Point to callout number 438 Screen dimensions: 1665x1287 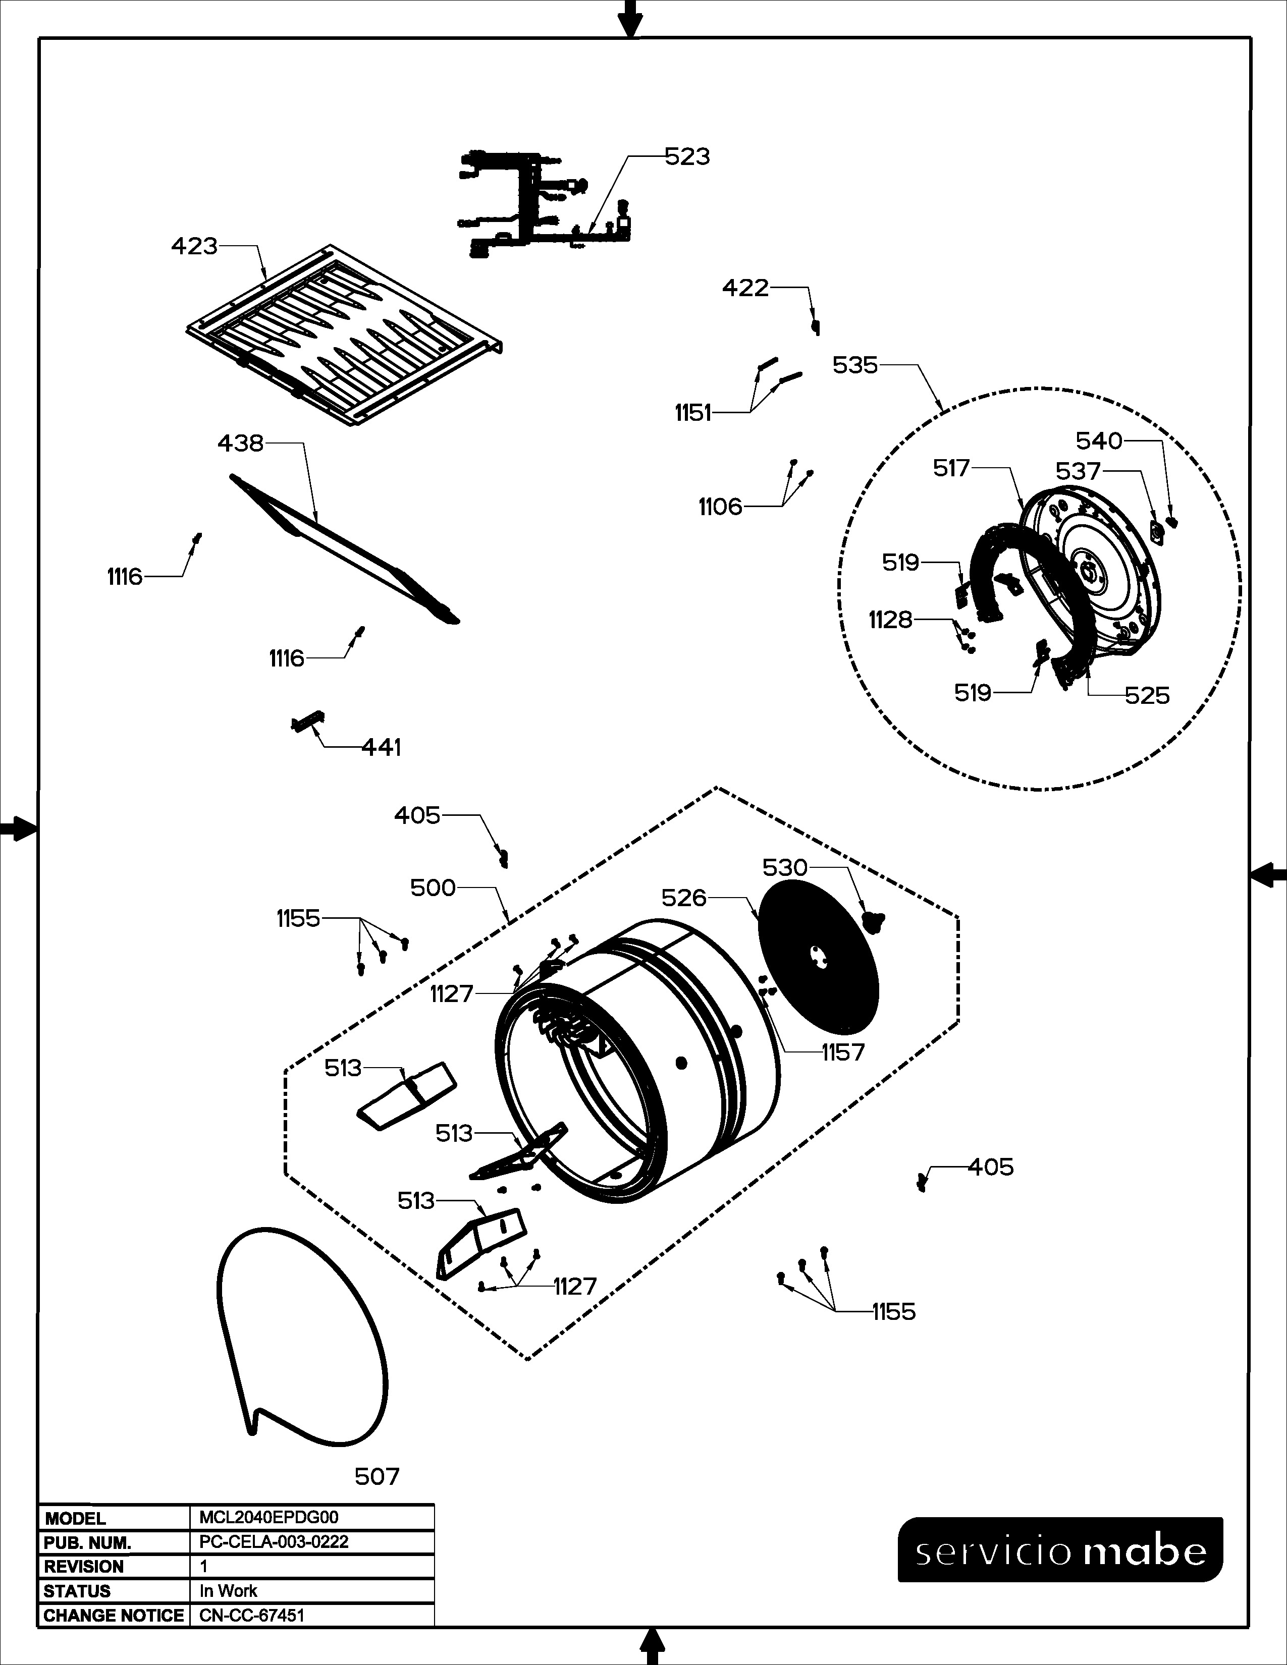click(x=240, y=443)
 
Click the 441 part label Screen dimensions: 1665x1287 click(x=381, y=747)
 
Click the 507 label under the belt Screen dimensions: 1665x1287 click(x=377, y=1477)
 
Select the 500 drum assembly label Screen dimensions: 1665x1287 click(x=433, y=887)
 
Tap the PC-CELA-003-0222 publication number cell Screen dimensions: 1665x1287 click(x=274, y=1541)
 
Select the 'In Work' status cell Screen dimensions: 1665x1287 click(x=228, y=1591)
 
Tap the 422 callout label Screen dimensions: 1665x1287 click(x=745, y=288)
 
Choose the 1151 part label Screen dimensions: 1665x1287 click(x=692, y=413)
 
